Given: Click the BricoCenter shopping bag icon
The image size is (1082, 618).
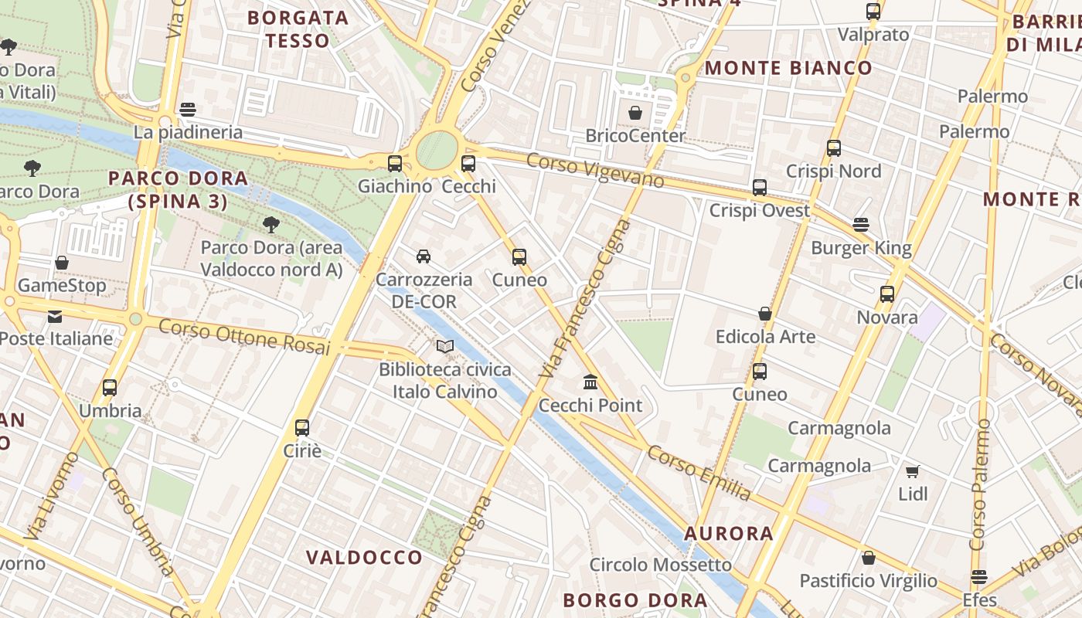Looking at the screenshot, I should pos(635,114).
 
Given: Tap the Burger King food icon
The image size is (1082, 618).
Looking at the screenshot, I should pos(861,225).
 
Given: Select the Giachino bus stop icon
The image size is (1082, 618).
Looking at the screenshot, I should pos(394,164).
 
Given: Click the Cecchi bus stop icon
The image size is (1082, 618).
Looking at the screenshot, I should pos(468,164).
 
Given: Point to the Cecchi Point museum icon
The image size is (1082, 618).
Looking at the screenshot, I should pos(591,382).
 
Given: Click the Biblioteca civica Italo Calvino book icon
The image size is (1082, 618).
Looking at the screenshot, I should pos(445,347).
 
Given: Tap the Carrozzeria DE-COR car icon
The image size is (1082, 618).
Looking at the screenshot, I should pos(424,256).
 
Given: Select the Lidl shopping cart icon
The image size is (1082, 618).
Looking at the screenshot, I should pos(912,471).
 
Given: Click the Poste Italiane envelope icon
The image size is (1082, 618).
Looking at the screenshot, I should pos(55,317).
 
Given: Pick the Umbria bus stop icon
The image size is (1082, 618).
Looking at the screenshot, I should pos(110,388).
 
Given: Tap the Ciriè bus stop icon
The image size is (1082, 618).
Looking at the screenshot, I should pos(302,428).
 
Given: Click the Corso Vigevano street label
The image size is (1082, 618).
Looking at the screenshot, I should pos(595,170).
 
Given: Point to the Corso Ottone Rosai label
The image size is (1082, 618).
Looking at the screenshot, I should pos(244,338).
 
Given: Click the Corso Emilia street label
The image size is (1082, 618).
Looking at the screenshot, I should pos(699,472).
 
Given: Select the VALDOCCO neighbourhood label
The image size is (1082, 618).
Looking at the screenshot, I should pos(364,557).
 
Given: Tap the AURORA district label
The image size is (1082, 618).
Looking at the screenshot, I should pos(729,533).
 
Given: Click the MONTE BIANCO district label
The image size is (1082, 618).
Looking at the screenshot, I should pos(788,68).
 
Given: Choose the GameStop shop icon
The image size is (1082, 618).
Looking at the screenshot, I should pos(62,263).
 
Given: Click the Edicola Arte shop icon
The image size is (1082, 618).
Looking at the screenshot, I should pos(765,314).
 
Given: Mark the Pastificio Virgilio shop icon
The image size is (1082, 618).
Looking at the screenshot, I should pos(869,558).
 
